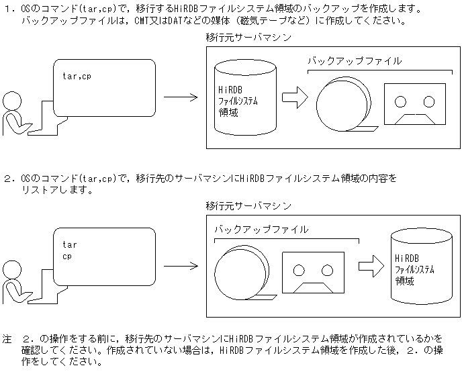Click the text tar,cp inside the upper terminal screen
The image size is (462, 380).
(77, 76)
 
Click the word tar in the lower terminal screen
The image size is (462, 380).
(69, 244)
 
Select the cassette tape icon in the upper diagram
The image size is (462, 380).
(415, 105)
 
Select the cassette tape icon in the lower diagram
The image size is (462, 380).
(313, 273)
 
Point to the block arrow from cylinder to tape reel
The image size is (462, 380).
(293, 98)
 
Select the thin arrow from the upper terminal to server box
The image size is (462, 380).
(180, 98)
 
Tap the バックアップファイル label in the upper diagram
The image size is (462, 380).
(354, 61)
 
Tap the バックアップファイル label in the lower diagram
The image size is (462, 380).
(261, 229)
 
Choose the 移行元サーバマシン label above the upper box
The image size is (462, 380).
(248, 38)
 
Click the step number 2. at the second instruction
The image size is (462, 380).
(8, 179)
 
